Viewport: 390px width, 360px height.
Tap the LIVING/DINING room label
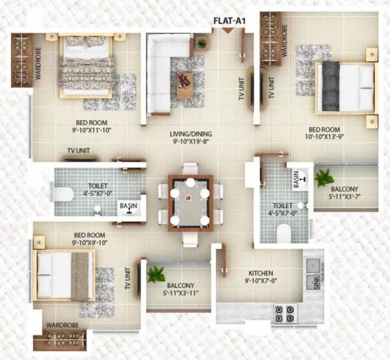tap(192, 135)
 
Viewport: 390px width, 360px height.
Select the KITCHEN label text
tap(260, 274)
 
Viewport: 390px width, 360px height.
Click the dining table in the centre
tap(190, 202)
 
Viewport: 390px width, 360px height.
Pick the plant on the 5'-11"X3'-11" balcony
tap(155, 274)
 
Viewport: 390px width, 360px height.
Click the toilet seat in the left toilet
tap(62, 193)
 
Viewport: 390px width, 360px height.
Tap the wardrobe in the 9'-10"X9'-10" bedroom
tap(65, 339)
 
